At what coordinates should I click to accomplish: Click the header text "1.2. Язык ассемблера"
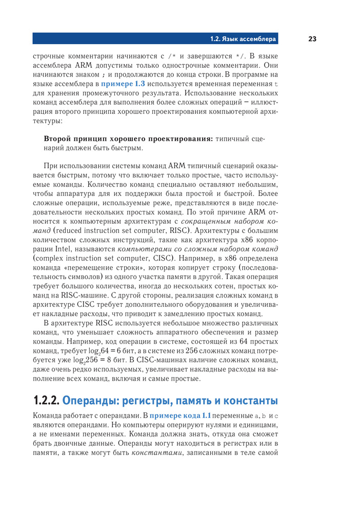(x=243, y=39)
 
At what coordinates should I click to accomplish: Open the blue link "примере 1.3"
(x=123, y=83)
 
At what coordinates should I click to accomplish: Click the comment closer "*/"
(x=241, y=55)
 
